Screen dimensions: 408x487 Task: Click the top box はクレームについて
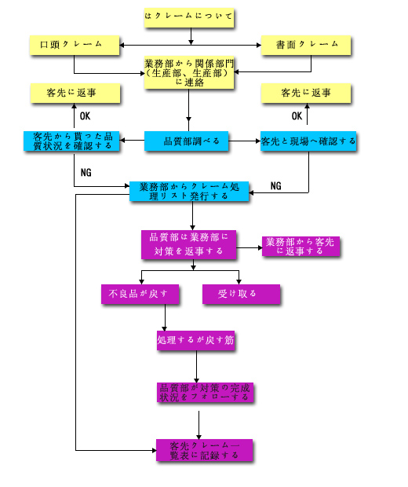[x=189, y=18]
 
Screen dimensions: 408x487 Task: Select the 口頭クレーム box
[x=75, y=46]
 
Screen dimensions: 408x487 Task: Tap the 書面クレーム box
[x=306, y=46]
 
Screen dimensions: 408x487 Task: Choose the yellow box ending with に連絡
[x=189, y=73]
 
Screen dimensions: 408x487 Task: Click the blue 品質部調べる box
[x=187, y=141]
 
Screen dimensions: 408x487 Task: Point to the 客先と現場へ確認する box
[x=308, y=141]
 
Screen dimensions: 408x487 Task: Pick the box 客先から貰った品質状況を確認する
[x=71, y=141]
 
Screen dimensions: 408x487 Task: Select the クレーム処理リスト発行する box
[x=189, y=192]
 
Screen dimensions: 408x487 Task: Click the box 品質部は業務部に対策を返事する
[x=188, y=244]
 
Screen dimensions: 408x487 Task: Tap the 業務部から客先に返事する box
[x=301, y=247]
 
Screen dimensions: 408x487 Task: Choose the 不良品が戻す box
[x=140, y=294]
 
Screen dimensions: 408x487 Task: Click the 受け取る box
[x=241, y=294]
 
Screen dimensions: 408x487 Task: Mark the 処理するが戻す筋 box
[x=196, y=340]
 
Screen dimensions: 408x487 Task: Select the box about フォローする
[x=205, y=393]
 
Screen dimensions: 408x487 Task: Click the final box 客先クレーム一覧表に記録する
[x=204, y=450]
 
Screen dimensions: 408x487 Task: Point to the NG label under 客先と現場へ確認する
[x=276, y=186]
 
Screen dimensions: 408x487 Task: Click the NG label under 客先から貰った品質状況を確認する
[x=86, y=172]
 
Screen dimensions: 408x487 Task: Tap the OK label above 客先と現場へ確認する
[x=297, y=116]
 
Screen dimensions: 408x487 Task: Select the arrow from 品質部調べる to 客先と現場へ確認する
[x=245, y=141]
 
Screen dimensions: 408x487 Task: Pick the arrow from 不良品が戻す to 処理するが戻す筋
[x=165, y=317]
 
